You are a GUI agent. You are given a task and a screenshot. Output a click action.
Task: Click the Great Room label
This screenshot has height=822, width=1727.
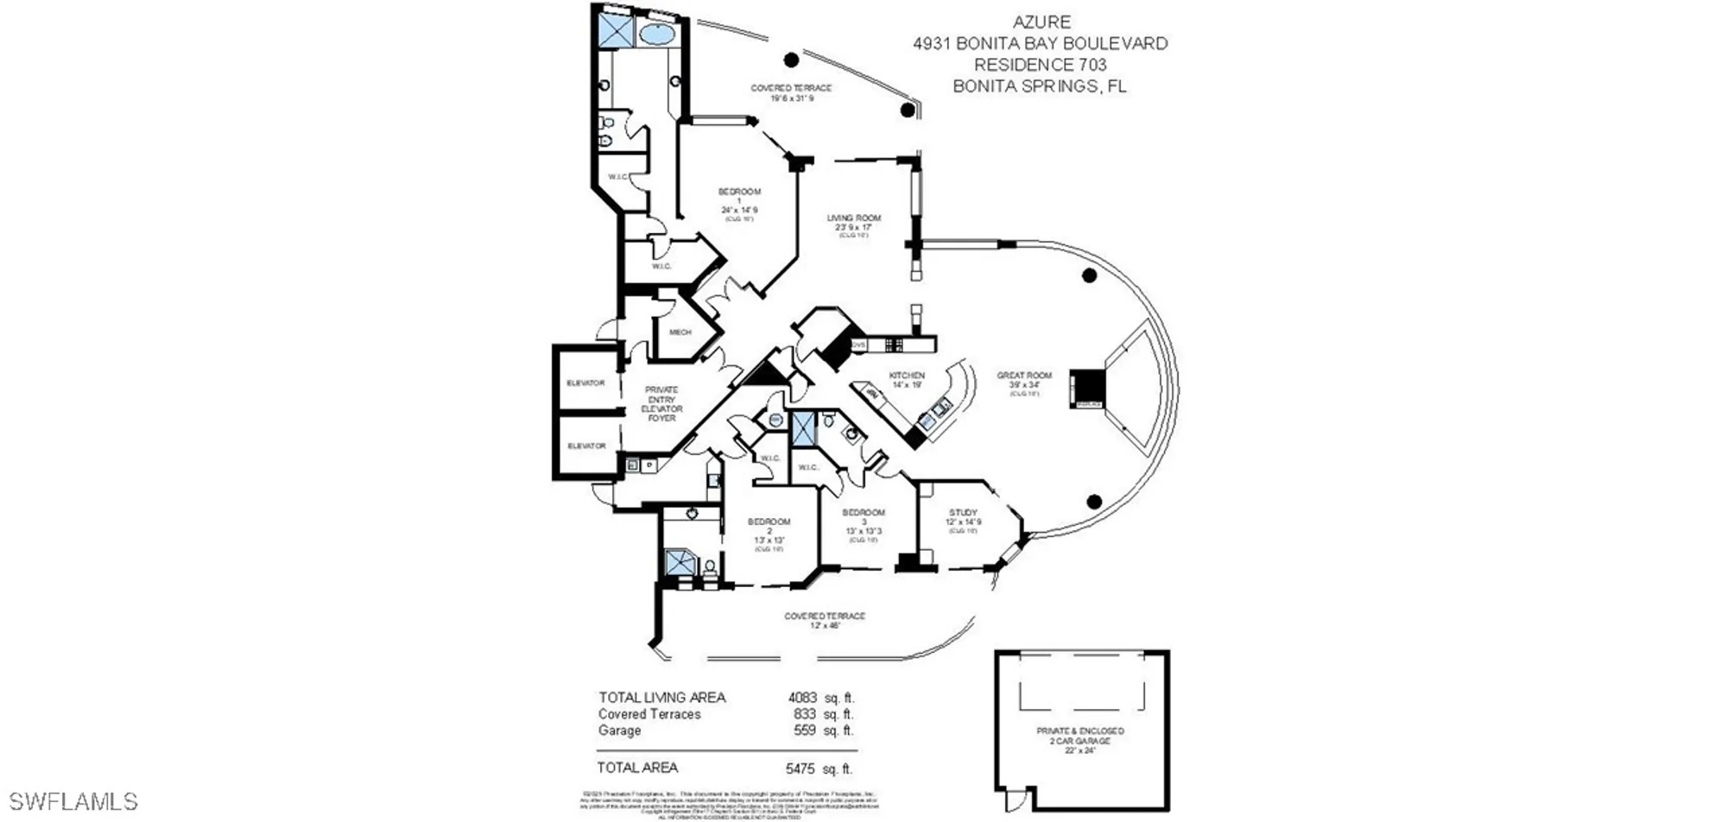point(1024,376)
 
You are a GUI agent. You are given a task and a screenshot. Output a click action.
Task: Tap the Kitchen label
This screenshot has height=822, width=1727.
point(907,376)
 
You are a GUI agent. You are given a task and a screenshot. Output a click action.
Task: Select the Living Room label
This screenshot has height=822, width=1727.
point(853,218)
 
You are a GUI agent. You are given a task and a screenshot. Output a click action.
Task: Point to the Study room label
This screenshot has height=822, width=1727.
point(963,513)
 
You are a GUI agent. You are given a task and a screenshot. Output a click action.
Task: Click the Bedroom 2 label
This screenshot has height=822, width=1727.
point(769,522)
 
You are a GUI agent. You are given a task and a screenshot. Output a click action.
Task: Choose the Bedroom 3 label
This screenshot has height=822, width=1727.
point(863,513)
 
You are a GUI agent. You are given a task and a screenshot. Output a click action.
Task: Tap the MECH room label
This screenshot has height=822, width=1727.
point(680,332)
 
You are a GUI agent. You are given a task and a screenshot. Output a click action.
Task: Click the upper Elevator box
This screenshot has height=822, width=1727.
point(585,383)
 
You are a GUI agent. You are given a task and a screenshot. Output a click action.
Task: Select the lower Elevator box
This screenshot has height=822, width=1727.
point(585,446)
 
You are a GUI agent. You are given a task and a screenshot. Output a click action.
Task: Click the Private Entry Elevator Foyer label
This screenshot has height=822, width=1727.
point(662,404)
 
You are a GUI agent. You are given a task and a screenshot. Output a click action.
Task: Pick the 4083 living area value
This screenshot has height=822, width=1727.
point(802,698)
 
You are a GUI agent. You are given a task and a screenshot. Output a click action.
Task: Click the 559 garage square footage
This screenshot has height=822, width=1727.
point(805,730)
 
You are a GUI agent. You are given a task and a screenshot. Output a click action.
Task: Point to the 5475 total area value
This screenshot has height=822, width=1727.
point(800,768)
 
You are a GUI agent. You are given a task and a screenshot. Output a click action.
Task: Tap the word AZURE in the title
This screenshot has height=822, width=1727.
point(1042,22)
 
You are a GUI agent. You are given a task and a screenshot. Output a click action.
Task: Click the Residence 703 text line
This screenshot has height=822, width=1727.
point(1040,65)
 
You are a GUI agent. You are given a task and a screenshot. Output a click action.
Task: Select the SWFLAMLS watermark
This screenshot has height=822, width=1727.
point(70,801)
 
